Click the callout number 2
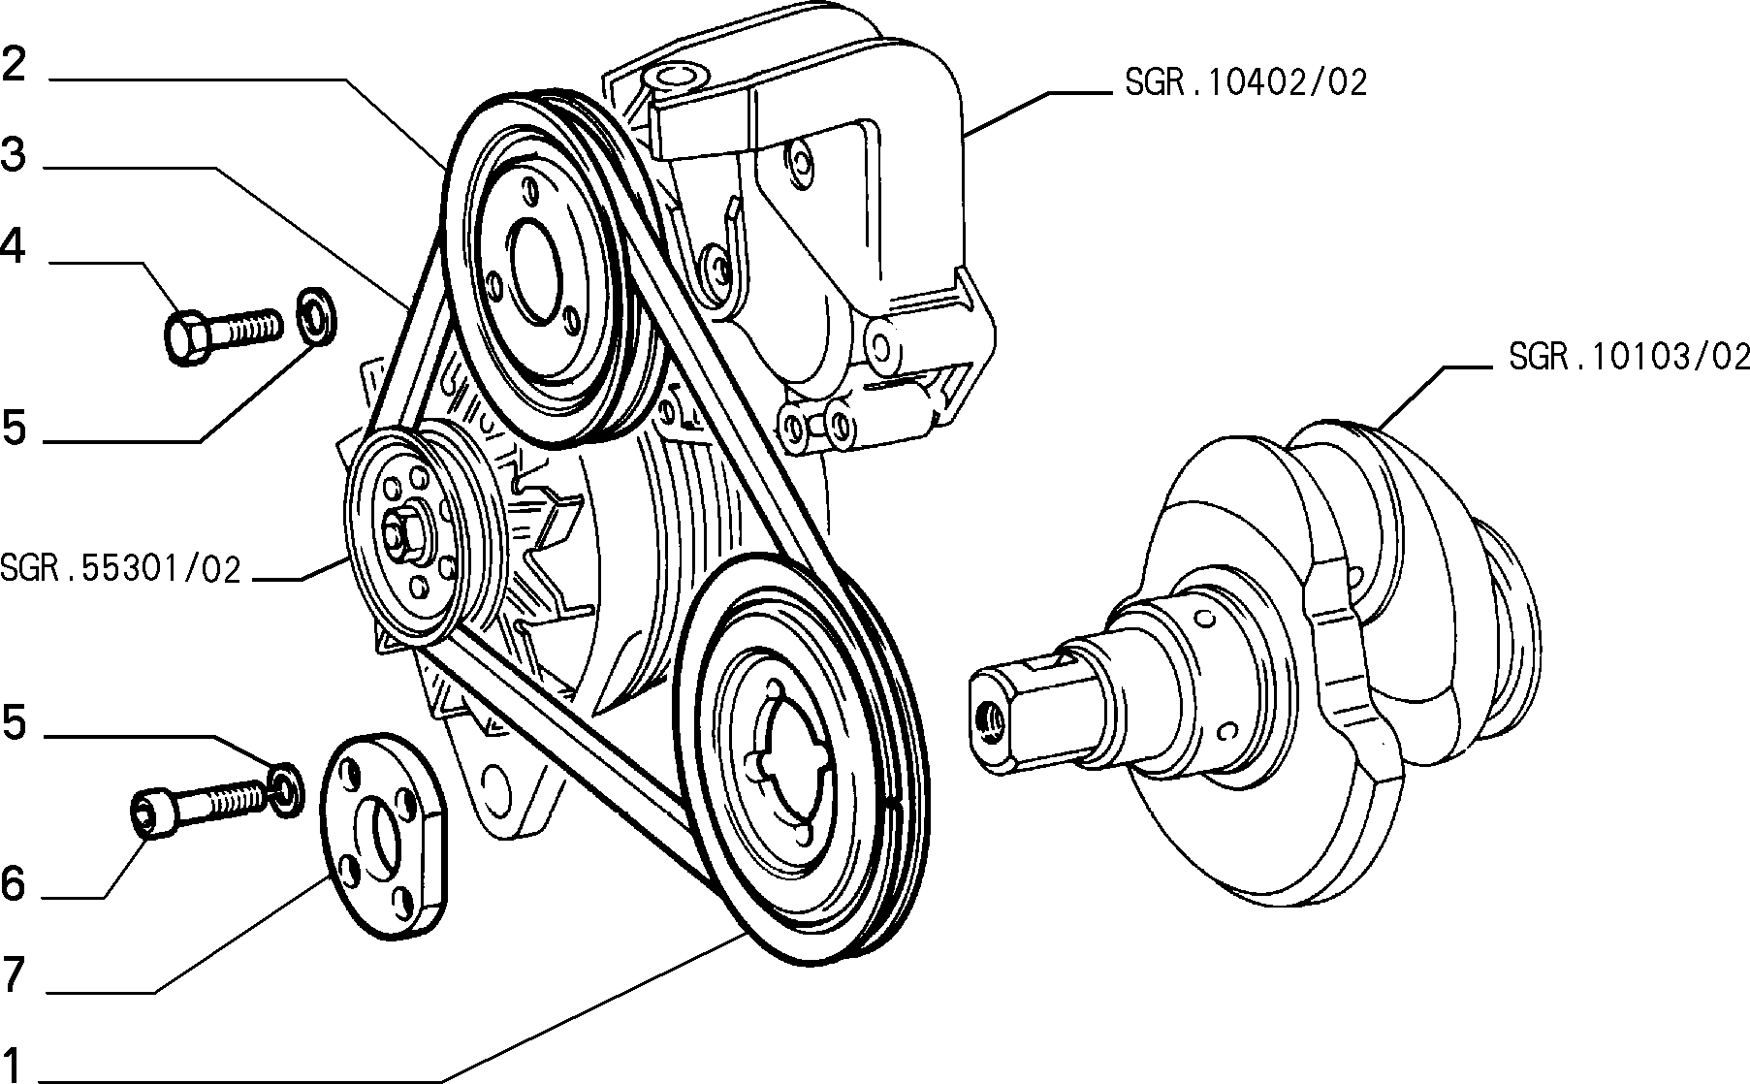coord(14,65)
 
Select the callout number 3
coord(14,154)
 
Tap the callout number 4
coord(13,248)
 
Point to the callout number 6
coord(13,883)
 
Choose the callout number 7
coord(13,974)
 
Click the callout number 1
coord(13,1064)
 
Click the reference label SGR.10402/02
coord(1246,82)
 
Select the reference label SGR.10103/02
coord(1629,357)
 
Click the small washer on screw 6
coord(284,789)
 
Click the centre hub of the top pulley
coord(531,272)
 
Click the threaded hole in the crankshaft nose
coord(992,719)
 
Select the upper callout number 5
coord(14,428)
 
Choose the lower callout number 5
coord(14,722)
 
